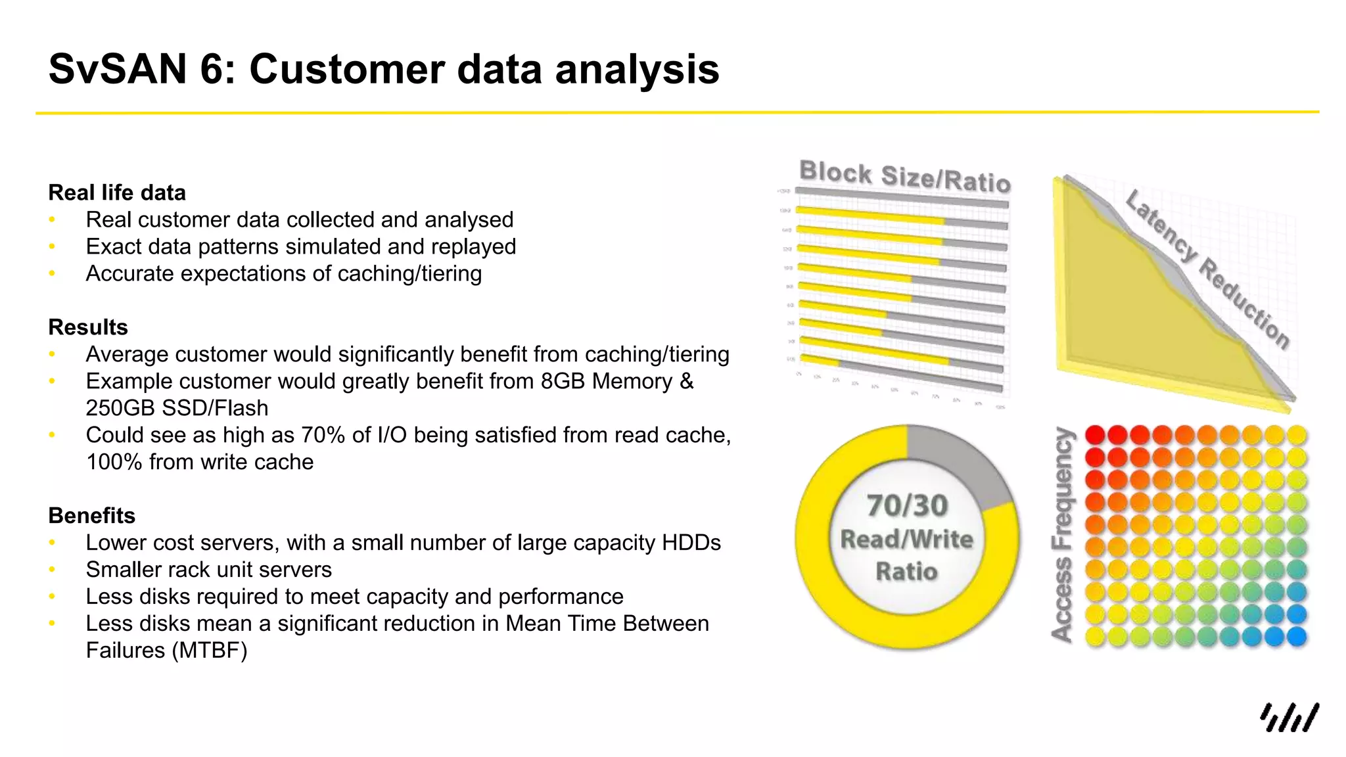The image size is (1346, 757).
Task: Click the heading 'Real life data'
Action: (117, 193)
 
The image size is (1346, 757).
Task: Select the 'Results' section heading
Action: (88, 327)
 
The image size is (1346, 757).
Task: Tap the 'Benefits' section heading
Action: (91, 516)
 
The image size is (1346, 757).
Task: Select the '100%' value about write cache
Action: (114, 462)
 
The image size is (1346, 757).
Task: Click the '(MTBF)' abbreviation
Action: (210, 651)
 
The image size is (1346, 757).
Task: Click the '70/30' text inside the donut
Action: (907, 506)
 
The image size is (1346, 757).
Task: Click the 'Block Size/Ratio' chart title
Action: (904, 176)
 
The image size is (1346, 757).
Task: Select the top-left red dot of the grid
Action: (1094, 434)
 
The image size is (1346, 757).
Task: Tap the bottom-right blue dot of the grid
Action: (1296, 636)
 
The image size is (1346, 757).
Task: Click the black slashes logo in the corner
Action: (1289, 718)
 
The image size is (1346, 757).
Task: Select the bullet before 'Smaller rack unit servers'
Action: (52, 570)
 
